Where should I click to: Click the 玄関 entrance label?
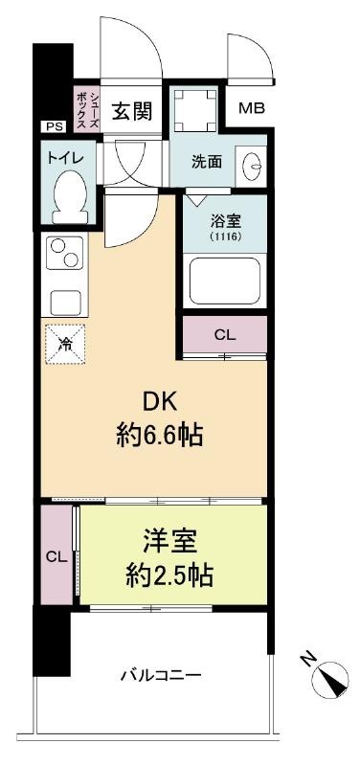pyautogui.click(x=132, y=111)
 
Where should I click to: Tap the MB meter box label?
pyautogui.click(x=252, y=108)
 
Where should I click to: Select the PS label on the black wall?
pyautogui.click(x=55, y=126)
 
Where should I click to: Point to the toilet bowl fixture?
pyautogui.click(x=71, y=196)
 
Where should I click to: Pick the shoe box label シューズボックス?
pyautogui.click(x=87, y=109)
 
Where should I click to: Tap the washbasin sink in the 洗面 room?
pyautogui.click(x=251, y=166)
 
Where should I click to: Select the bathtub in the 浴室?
pyautogui.click(x=225, y=281)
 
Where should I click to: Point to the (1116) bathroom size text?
pyautogui.click(x=225, y=237)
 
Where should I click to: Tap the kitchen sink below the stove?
pyautogui.click(x=65, y=303)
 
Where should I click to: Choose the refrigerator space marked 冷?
pyautogui.click(x=65, y=344)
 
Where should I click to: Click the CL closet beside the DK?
pyautogui.click(x=225, y=335)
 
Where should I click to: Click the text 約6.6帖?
pyautogui.click(x=159, y=435)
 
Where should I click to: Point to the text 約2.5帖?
pyautogui.click(x=169, y=575)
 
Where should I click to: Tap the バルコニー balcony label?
pyautogui.click(x=161, y=676)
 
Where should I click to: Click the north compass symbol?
pyautogui.click(x=332, y=678)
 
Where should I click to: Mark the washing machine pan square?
pyautogui.click(x=195, y=110)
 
